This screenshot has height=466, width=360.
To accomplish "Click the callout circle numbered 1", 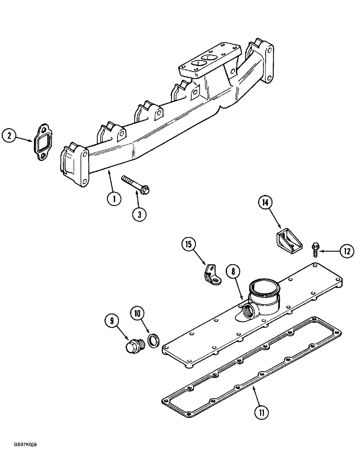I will [114, 199].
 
